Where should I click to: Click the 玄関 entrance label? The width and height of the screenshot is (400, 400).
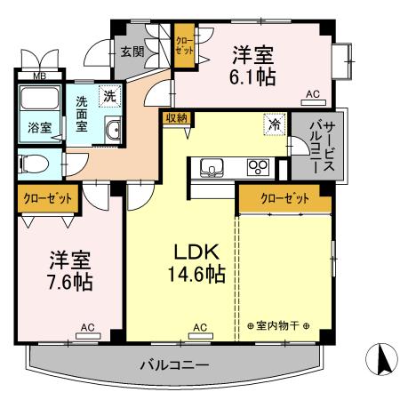coord(132,52)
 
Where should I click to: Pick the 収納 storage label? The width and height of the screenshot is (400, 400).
coord(175,117)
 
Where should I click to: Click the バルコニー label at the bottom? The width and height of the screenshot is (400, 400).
coord(174,365)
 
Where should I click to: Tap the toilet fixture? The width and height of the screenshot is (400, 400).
coord(33,165)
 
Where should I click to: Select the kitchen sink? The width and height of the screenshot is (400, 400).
coord(214,166)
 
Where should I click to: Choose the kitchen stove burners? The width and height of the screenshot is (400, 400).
coord(258,166)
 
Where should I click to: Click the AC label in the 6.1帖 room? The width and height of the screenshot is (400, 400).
coord(312,93)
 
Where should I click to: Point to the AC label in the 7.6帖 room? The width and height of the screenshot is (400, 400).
coord(87,327)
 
